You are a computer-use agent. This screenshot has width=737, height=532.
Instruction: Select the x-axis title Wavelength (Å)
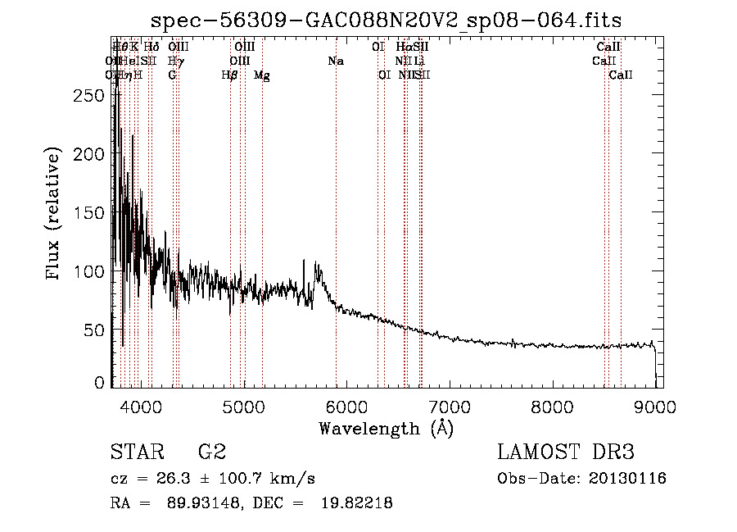pos(386,428)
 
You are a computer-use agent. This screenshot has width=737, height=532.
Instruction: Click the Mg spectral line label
pos(262,75)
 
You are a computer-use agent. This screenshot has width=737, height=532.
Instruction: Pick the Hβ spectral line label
pos(230,75)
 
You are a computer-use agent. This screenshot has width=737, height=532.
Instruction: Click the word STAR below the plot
pos(136,452)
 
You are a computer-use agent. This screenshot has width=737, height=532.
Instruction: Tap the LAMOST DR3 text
pos(565,452)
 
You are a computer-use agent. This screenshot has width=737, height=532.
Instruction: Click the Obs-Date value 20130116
pos(627,479)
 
